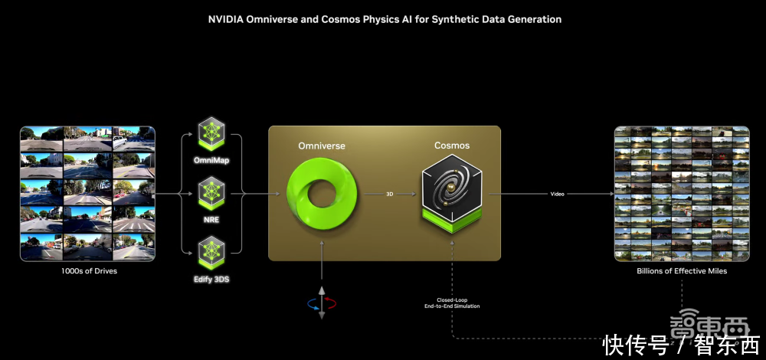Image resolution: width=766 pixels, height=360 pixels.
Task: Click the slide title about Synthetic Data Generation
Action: click(x=385, y=19)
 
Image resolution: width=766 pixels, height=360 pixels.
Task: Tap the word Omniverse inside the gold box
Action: click(x=322, y=146)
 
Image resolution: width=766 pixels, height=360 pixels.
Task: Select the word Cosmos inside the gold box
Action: click(x=452, y=146)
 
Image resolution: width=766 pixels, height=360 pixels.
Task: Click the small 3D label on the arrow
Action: click(x=389, y=195)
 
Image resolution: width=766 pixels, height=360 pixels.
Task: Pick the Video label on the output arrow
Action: click(x=558, y=195)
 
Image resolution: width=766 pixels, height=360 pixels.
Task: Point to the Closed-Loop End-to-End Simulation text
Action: click(x=452, y=303)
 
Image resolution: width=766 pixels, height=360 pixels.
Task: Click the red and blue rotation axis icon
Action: click(x=322, y=303)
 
